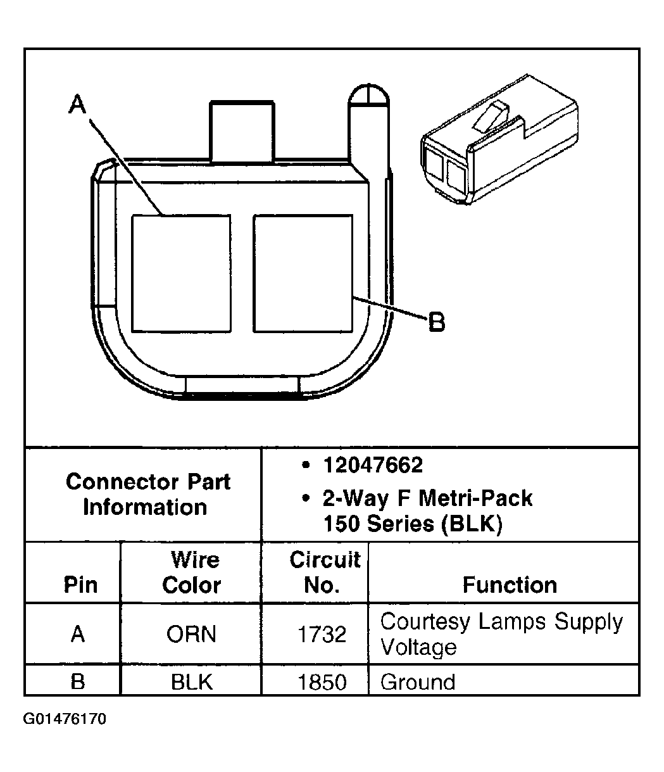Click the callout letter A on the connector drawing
(x=77, y=105)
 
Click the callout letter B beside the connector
(x=437, y=323)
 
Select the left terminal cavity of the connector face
(x=180, y=273)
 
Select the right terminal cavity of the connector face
(x=303, y=273)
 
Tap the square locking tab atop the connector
(x=242, y=130)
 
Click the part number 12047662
(x=372, y=466)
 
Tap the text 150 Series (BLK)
(x=412, y=524)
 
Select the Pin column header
(x=80, y=585)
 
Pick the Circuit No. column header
(x=324, y=573)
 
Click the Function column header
(x=510, y=585)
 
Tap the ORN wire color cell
(x=191, y=634)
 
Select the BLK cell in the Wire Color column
(x=191, y=682)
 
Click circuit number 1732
(x=322, y=634)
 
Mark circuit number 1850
(x=322, y=682)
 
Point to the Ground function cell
(x=418, y=682)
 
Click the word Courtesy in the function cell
(x=425, y=623)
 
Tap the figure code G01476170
(x=65, y=719)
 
